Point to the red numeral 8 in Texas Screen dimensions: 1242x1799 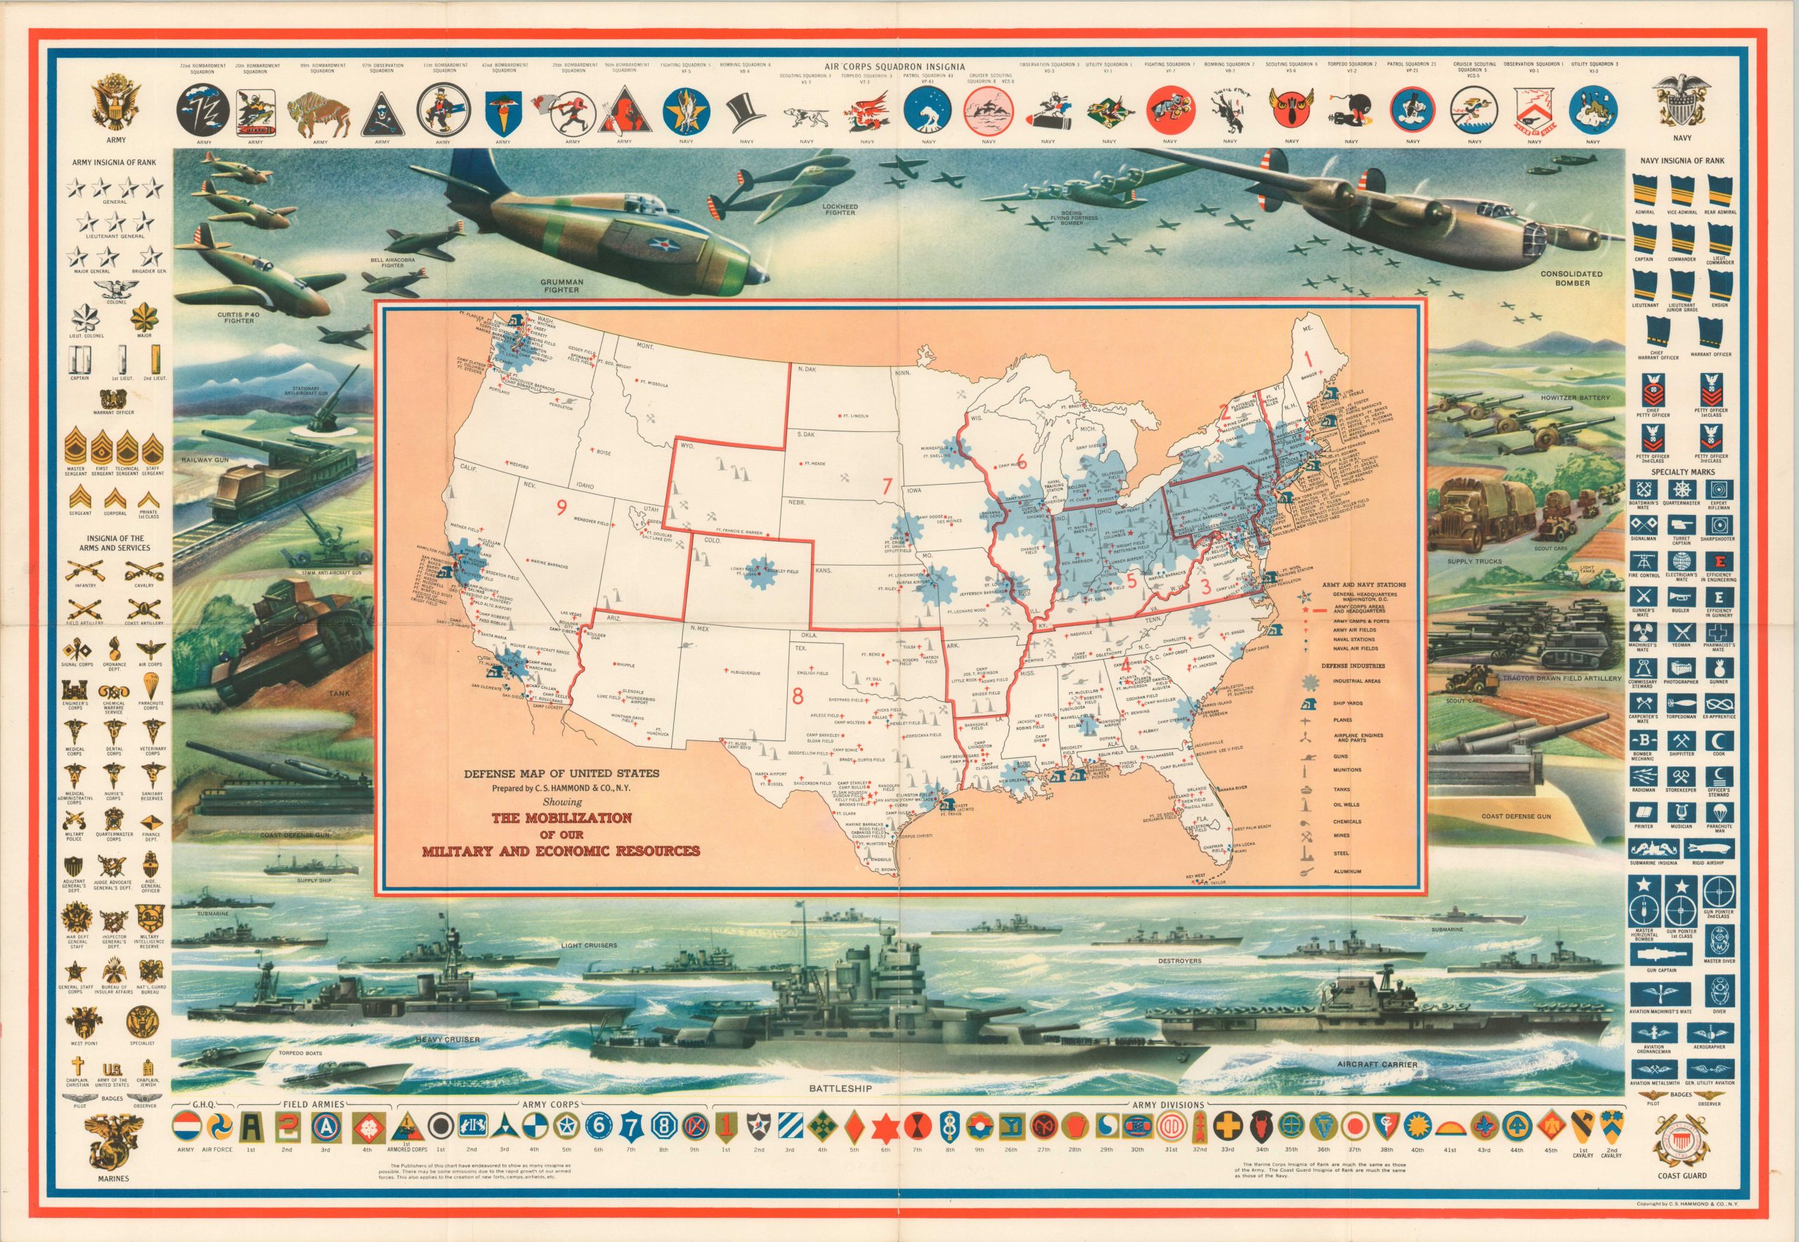click(x=796, y=698)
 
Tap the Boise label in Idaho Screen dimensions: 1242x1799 click(x=601, y=452)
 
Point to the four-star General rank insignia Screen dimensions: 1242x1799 click(x=115, y=188)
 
